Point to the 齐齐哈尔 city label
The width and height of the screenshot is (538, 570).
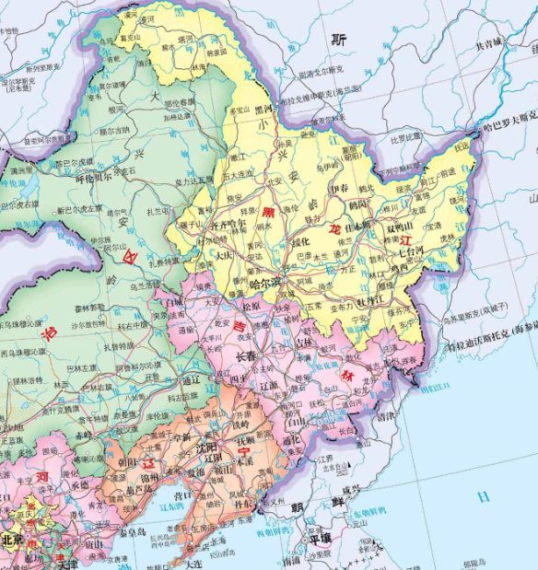click(228, 223)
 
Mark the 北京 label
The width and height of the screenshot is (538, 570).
click(13, 540)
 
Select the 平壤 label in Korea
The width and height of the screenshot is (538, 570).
click(320, 541)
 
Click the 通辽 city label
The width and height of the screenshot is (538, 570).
click(192, 378)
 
